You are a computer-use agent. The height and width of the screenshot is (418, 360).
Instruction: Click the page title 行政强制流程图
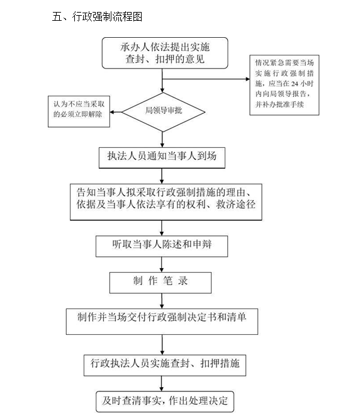coord(107,17)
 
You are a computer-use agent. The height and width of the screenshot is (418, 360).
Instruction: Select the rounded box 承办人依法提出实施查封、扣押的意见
coord(165,53)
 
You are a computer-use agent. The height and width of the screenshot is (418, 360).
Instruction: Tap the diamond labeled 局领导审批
coord(163,112)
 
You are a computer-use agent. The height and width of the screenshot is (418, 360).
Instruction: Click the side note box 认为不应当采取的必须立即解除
coord(79,111)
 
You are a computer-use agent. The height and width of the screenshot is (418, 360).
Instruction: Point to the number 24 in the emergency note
coord(295,84)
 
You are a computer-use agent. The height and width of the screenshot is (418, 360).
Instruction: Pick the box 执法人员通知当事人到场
coord(162,158)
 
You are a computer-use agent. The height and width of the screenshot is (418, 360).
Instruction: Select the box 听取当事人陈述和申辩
coord(162,246)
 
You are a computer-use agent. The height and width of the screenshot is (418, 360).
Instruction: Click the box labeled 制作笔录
coord(160,283)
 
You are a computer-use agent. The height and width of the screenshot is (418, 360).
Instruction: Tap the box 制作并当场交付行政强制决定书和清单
coord(162,322)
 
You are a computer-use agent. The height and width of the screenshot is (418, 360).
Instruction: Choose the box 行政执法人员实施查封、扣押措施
coord(165,365)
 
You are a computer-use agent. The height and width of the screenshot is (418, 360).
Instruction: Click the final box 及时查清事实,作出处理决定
coord(165,402)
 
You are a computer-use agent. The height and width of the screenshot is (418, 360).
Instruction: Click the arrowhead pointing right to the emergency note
coord(247,79)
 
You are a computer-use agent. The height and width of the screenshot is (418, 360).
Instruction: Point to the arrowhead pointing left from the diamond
coord(112,112)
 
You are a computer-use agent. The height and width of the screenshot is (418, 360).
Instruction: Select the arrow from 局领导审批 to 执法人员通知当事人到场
coord(162,140)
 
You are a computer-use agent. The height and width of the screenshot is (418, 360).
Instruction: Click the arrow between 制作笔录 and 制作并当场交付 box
coord(162,301)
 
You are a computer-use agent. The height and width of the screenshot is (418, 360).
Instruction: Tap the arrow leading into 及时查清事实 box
coord(162,383)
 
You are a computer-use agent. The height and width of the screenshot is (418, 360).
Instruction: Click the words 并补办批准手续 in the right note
coord(279,104)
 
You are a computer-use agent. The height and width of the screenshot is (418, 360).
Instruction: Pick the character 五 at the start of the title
coord(57,17)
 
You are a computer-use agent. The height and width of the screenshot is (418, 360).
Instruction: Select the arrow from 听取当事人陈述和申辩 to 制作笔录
coord(162,264)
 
